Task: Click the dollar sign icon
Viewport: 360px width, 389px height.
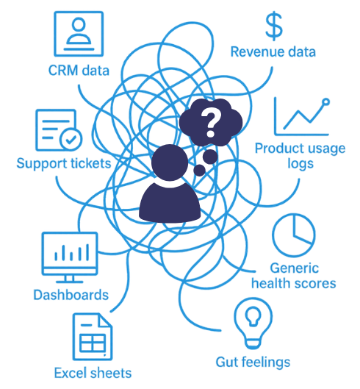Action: pyautogui.click(x=274, y=26)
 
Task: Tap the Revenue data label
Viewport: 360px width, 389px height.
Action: pyautogui.click(x=273, y=52)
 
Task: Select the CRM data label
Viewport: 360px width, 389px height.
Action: pyautogui.click(x=79, y=70)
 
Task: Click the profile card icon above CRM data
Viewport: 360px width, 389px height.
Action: pyautogui.click(x=79, y=34)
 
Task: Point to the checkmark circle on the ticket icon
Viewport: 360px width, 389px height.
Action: pyautogui.click(x=71, y=140)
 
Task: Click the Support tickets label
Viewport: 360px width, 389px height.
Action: pyautogui.click(x=64, y=163)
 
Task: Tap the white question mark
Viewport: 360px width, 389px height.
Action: pyautogui.click(x=211, y=123)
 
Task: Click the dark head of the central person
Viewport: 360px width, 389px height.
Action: pyautogui.click(x=170, y=163)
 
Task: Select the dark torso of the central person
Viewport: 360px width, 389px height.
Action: pyautogui.click(x=170, y=203)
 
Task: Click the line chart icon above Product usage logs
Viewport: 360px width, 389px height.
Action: pyautogui.click(x=302, y=117)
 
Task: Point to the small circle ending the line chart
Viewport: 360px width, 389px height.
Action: pyautogui.click(x=326, y=101)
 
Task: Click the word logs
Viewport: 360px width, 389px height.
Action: pyautogui.click(x=300, y=164)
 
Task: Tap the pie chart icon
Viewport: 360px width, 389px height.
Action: pyautogui.click(x=294, y=235)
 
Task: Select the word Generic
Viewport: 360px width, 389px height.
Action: pyautogui.click(x=295, y=268)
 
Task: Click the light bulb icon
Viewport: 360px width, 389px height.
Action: pyautogui.click(x=253, y=324)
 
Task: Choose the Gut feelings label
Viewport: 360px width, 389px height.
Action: pyautogui.click(x=253, y=363)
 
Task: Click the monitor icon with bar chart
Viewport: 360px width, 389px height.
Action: pyautogui.click(x=69, y=257)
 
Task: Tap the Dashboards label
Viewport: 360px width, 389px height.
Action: pyautogui.click(x=71, y=295)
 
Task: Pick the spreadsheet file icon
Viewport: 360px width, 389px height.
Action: pyautogui.click(x=93, y=336)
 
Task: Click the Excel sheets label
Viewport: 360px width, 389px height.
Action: pyautogui.click(x=93, y=373)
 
